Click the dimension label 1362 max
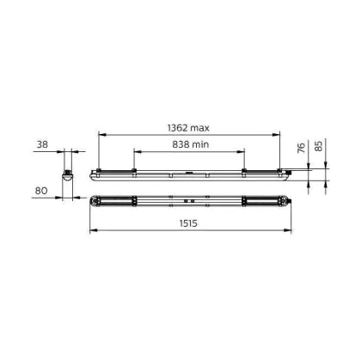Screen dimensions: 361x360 (x=188, y=128)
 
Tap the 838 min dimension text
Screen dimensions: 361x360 (x=191, y=144)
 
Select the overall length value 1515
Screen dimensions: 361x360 (x=188, y=223)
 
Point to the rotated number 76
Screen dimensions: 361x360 (x=301, y=148)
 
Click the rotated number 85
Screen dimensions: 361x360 (x=318, y=146)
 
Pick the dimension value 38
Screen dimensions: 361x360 (x=42, y=144)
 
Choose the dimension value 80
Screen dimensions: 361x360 (x=41, y=191)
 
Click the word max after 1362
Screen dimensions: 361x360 (x=199, y=128)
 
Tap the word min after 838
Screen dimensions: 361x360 (x=200, y=144)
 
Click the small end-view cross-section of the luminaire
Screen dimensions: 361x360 (x=68, y=175)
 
